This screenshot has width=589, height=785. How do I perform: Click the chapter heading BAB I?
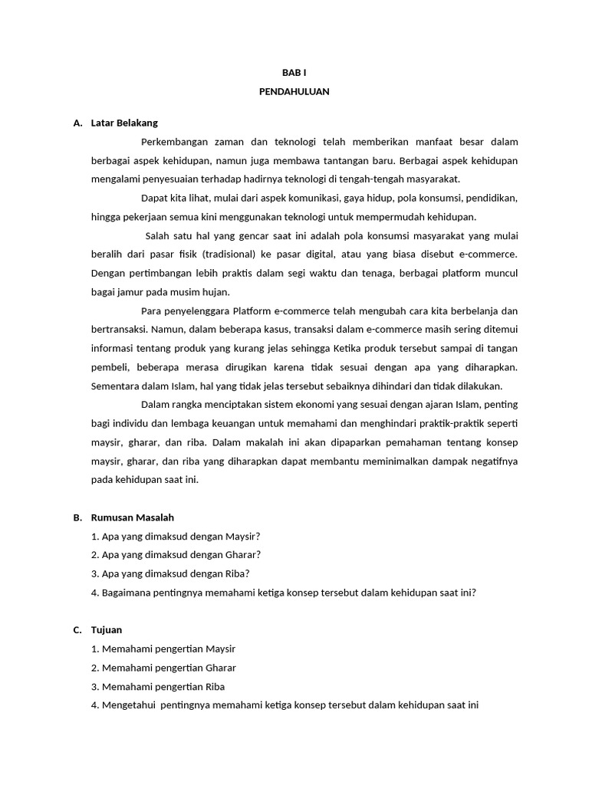pos(294,72)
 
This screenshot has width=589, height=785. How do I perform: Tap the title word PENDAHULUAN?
pos(294,91)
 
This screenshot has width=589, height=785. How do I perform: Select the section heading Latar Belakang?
pos(124,123)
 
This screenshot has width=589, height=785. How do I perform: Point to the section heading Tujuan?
pos(107,630)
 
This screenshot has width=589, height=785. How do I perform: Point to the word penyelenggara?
pos(198,310)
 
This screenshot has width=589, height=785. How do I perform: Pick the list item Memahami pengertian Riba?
pos(163,687)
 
